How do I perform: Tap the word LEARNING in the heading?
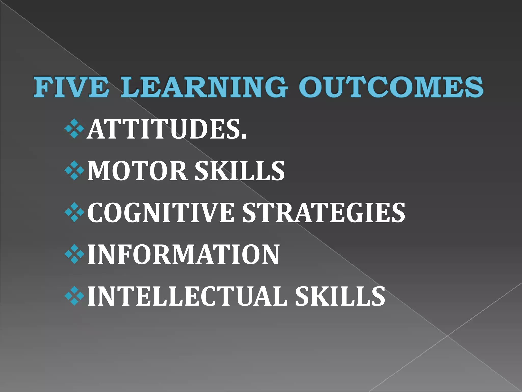click(204, 87)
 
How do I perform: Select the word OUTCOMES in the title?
click(391, 87)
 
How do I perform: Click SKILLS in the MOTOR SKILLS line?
click(240, 171)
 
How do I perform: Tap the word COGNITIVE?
click(161, 213)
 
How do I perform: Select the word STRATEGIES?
click(323, 213)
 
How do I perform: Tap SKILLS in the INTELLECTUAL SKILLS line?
click(340, 296)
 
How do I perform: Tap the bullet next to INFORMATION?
click(74, 254)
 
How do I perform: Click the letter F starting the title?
click(42, 87)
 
